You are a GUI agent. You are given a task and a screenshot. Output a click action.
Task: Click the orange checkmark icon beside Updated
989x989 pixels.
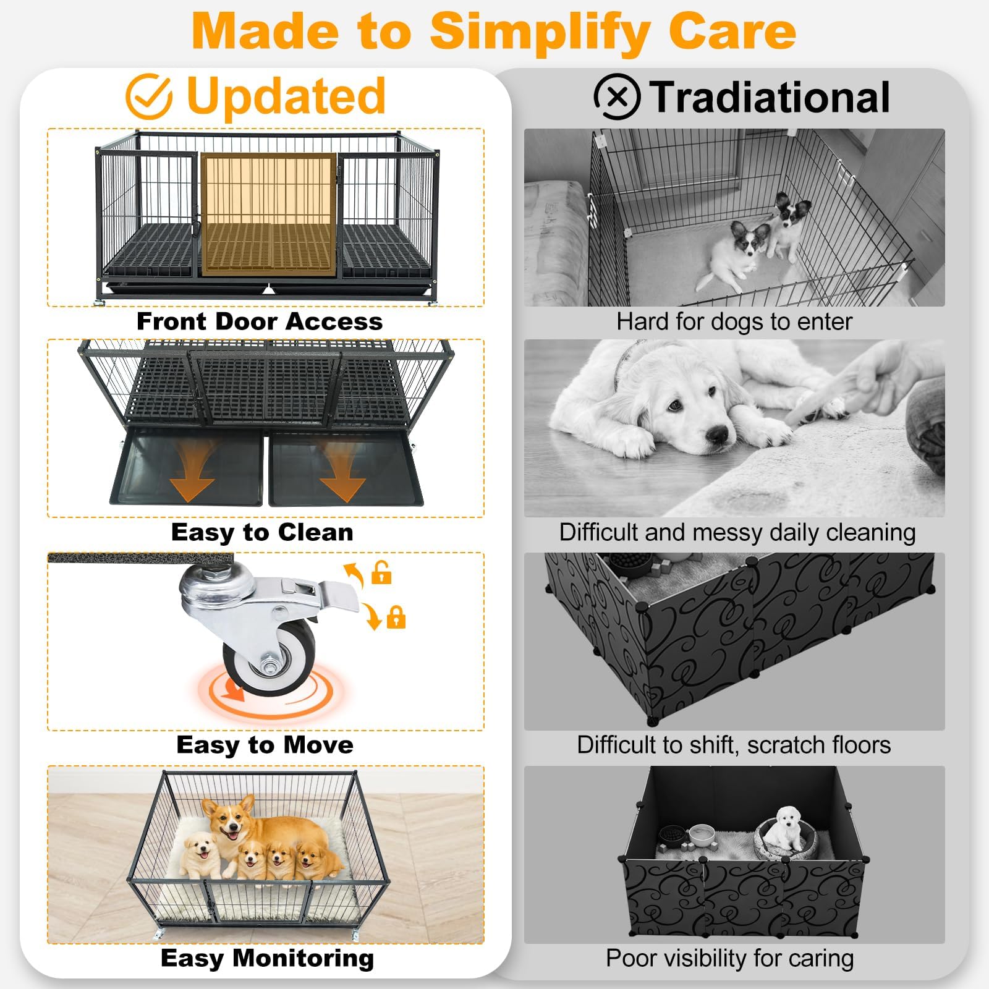pos(148,96)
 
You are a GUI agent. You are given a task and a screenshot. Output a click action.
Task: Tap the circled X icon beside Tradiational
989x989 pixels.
pos(617,96)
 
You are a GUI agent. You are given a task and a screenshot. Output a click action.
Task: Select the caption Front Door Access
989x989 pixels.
pos(260,321)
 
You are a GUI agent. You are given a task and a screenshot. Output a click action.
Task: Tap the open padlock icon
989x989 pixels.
pos(381,572)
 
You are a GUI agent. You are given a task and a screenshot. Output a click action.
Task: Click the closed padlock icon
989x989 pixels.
pos(396,618)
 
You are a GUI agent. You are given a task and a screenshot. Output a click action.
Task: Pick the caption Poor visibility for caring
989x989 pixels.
pos(730,958)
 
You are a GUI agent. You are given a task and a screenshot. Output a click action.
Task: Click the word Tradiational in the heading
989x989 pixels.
pos(770,98)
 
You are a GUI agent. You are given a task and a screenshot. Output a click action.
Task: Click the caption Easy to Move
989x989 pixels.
pos(265,745)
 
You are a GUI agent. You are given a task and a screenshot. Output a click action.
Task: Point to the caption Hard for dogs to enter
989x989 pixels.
pos(734,321)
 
